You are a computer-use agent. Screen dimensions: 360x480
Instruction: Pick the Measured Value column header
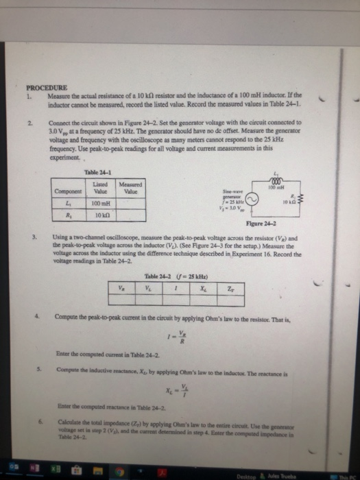click(x=130, y=187)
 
